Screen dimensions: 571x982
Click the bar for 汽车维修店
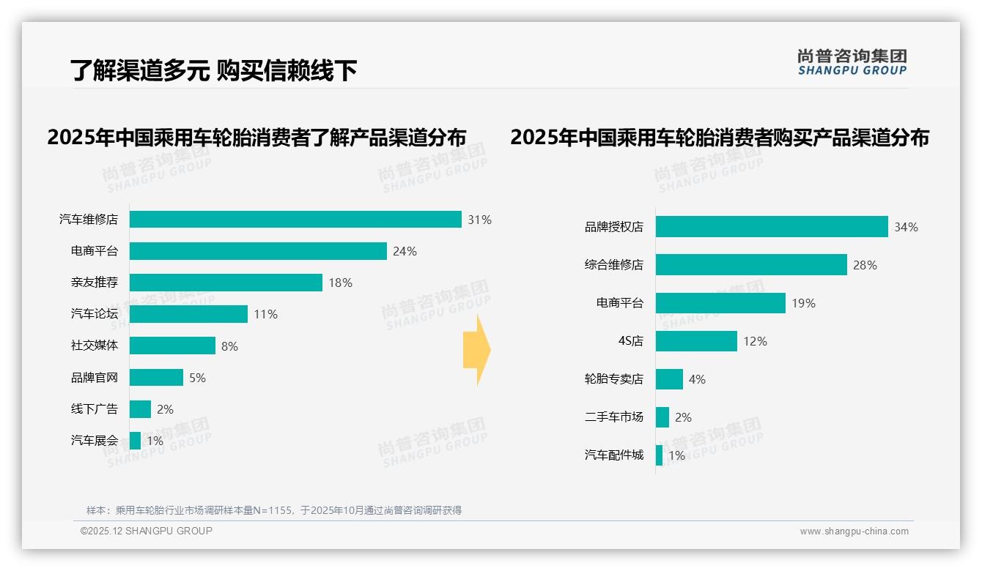pos(295,220)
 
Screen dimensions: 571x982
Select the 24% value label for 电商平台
pos(405,251)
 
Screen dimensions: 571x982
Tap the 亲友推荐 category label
pos(94,283)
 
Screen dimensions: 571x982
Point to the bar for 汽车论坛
pos(188,314)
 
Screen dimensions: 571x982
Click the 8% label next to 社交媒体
pos(229,346)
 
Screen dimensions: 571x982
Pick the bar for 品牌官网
pos(156,378)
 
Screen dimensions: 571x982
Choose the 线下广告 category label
pos(94,409)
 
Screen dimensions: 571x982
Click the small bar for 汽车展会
pos(135,441)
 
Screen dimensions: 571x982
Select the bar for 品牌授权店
pos(772,227)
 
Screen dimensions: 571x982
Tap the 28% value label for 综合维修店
pos(865,265)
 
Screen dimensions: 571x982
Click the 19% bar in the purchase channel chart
pos(720,303)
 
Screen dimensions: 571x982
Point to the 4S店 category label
pos(630,341)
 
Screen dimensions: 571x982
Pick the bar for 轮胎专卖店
pos(669,379)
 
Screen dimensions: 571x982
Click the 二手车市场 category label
pos(613,417)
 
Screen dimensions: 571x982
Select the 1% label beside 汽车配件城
pos(676,455)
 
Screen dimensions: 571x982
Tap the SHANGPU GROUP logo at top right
pos(852,62)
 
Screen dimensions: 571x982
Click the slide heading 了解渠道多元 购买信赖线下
pos(213,70)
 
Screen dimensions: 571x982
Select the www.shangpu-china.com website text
pos(854,531)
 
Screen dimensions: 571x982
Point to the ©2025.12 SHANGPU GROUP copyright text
pos(147,531)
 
